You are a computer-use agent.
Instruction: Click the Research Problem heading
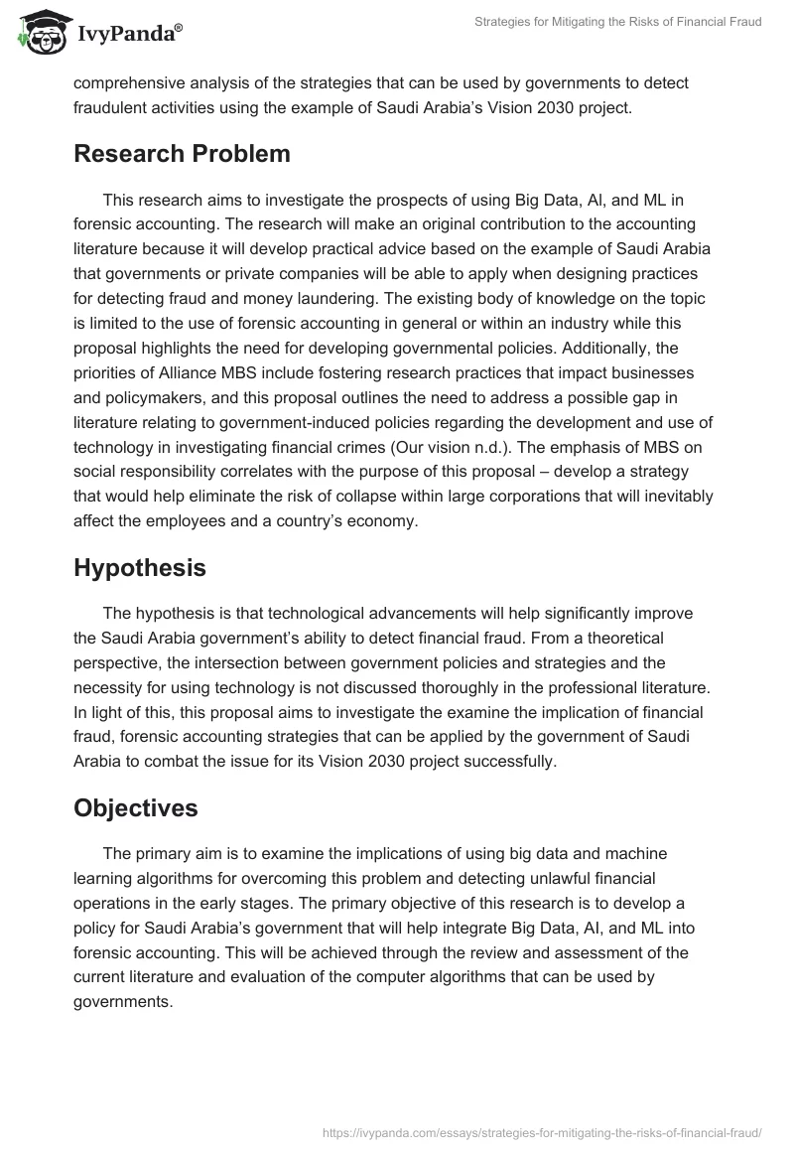tap(182, 154)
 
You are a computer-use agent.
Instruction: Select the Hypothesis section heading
tap(140, 568)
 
